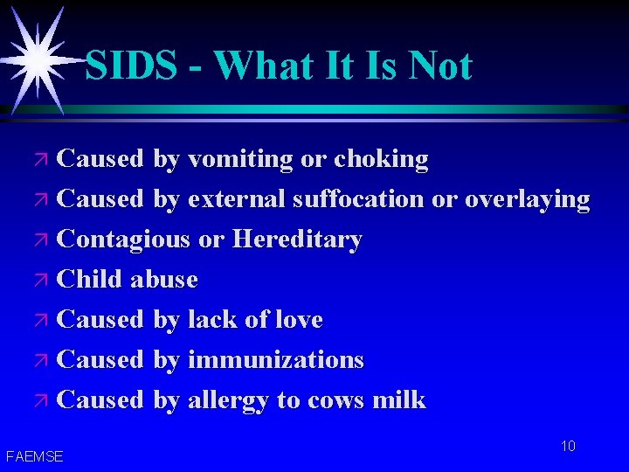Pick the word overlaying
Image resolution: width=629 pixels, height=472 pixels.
[527, 199]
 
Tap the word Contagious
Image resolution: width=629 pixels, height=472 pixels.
[122, 239]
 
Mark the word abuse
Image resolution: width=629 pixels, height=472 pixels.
[164, 280]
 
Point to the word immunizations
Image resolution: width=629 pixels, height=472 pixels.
[275, 360]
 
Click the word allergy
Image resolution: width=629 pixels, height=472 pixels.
[228, 401]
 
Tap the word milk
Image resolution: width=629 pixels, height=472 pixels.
[398, 400]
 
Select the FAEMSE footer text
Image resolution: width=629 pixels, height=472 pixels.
[34, 456]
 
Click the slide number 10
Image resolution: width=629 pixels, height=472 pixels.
[568, 447]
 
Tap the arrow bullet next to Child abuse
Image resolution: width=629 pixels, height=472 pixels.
[43, 281]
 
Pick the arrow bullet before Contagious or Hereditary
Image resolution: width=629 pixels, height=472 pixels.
[43, 240]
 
